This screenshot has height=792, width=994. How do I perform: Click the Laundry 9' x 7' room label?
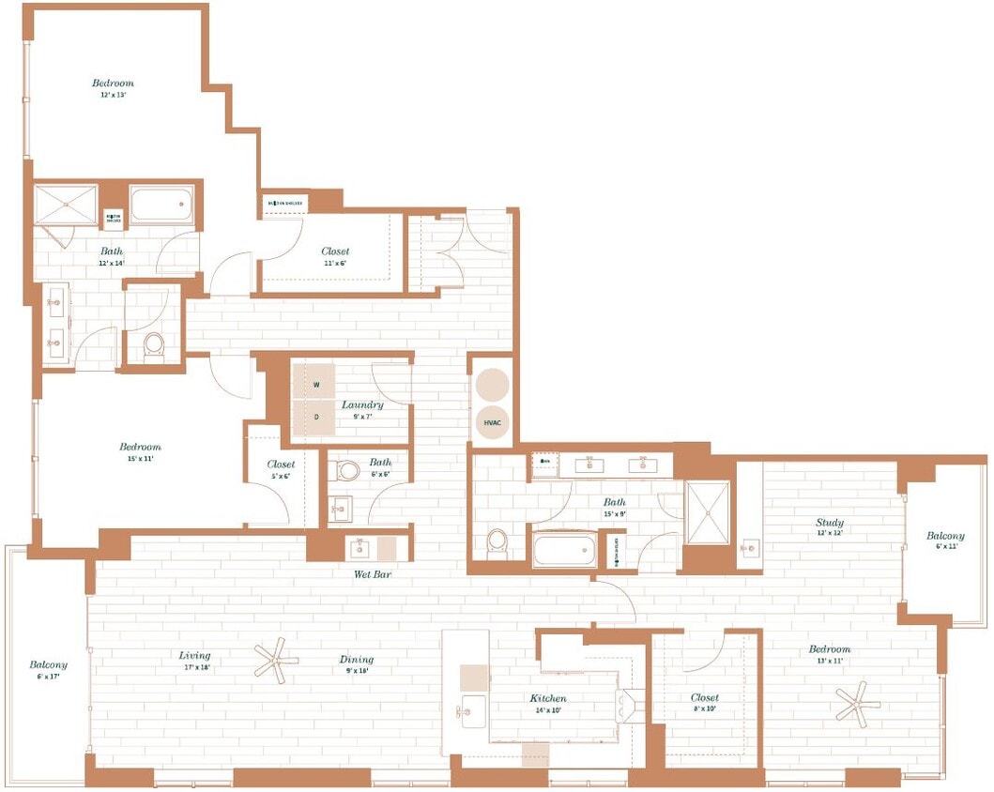click(362, 410)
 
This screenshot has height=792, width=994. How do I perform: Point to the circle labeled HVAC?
click(492, 422)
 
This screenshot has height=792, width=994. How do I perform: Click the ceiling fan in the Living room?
click(276, 661)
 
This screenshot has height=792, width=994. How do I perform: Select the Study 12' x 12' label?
click(829, 527)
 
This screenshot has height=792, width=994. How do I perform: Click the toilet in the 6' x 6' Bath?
click(349, 470)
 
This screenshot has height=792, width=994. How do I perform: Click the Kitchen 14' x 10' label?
click(547, 704)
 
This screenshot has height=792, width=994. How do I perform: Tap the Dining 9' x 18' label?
click(357, 663)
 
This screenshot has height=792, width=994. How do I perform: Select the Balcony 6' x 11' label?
click(944, 541)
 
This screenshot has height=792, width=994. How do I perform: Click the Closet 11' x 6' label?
click(335, 256)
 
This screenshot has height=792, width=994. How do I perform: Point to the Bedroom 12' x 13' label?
click(113, 88)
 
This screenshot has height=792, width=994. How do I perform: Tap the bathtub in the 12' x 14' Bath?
click(161, 204)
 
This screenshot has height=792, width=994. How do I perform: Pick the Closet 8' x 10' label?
click(704, 703)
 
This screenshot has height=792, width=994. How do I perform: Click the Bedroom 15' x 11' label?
click(140, 452)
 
